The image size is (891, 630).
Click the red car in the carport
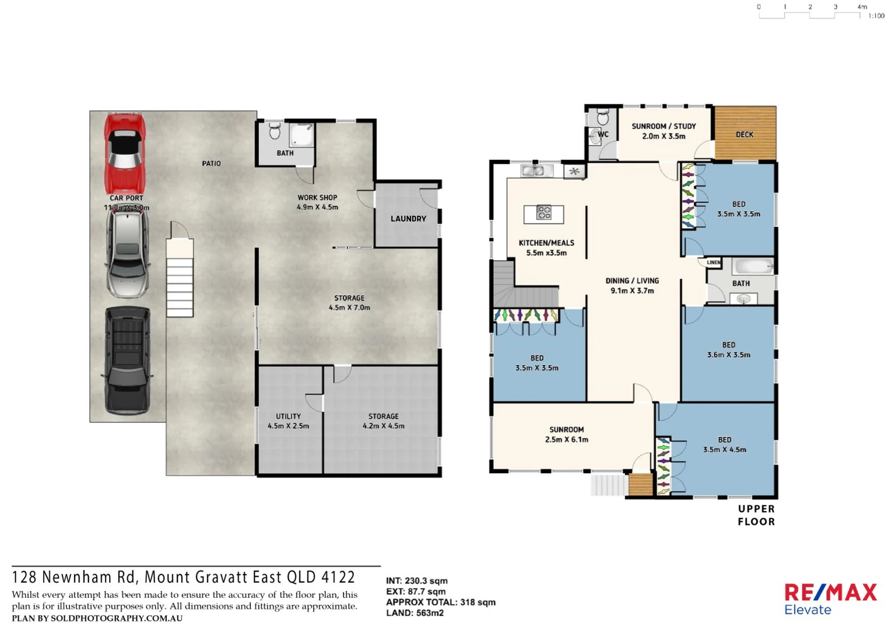point(124,153)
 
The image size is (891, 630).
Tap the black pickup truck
point(127,360)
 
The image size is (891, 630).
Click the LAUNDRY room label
point(408,219)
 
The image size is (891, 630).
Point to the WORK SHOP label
point(317,198)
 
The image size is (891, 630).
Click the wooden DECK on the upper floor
point(745,134)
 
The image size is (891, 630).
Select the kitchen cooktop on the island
point(543,213)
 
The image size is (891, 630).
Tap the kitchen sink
point(535,171)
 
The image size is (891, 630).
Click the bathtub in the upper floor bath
point(753,267)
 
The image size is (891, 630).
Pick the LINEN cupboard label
point(714,262)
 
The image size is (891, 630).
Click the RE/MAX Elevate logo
point(830,599)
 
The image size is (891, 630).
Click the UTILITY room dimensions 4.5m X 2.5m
point(288,426)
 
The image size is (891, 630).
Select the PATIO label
point(211,163)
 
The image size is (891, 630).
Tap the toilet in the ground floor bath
point(274,132)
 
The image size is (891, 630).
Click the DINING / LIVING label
point(632,281)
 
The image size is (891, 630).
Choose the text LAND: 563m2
point(415,613)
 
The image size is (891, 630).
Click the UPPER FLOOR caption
point(756,515)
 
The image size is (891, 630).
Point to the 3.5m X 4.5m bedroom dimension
point(724,450)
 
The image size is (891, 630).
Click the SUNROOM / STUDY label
point(664,126)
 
